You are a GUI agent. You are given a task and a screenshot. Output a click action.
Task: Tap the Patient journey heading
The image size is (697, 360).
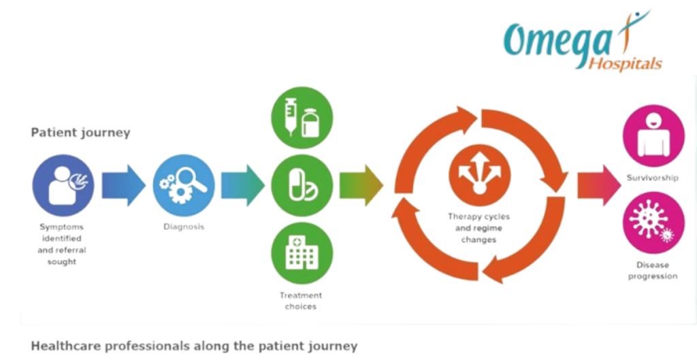pyautogui.click(x=80, y=133)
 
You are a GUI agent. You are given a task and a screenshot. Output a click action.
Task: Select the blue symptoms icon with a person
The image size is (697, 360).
pyautogui.click(x=63, y=185)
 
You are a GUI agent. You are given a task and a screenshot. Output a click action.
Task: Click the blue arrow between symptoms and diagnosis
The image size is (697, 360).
pyautogui.click(x=123, y=185)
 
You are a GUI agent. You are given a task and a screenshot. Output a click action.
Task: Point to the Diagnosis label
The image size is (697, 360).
pyautogui.click(x=183, y=227)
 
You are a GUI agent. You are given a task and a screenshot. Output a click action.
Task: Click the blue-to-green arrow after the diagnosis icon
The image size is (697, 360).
pyautogui.click(x=242, y=185)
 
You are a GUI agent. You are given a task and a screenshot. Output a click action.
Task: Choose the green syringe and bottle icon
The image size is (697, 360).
pyautogui.click(x=302, y=117)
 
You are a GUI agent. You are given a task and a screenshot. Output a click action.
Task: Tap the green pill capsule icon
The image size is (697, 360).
pyautogui.click(x=302, y=185)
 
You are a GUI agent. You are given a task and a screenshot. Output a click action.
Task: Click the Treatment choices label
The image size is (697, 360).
pyautogui.click(x=301, y=301)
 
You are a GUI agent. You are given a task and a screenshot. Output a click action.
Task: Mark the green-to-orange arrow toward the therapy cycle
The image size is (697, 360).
pyautogui.click(x=361, y=185)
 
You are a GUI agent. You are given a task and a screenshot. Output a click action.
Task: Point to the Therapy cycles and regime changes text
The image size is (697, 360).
pyautogui.click(x=479, y=228)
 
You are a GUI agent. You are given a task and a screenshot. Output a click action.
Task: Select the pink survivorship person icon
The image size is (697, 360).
pyautogui.click(x=653, y=135)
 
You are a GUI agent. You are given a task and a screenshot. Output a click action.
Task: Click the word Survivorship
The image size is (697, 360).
pyautogui.click(x=653, y=178)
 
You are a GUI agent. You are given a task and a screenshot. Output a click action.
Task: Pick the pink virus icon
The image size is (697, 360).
pyautogui.click(x=653, y=223)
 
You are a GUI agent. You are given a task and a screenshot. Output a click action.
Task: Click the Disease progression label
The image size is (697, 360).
pyautogui.click(x=653, y=270)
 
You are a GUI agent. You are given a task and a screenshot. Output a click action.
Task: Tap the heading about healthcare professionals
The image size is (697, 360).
pyautogui.click(x=194, y=346)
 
